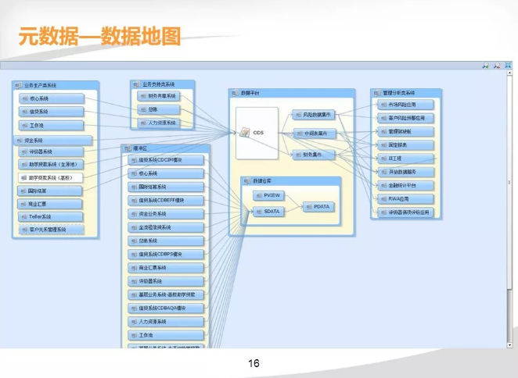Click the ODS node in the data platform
point(257,133)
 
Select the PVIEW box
point(271,194)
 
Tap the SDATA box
point(271,211)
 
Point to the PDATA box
point(321,207)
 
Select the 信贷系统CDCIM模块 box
point(165,159)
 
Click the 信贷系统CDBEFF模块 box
point(165,200)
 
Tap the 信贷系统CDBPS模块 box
point(165,254)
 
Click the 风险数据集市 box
point(313,114)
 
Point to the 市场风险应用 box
point(402,104)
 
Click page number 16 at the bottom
point(254,363)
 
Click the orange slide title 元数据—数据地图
point(99,35)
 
